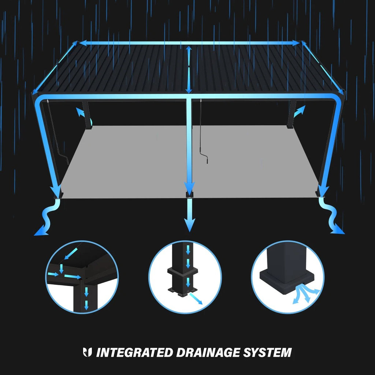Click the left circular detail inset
pos(82,277)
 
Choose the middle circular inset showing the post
pos(185,277)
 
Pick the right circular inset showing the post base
pos(288,277)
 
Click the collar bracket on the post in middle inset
pos(182,273)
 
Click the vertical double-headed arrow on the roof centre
pos(188,70)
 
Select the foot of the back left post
pos(88,127)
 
